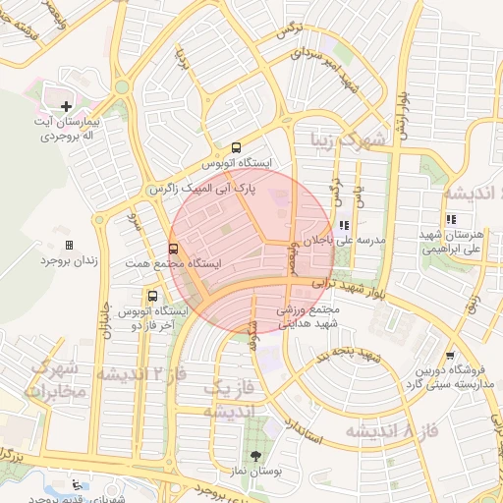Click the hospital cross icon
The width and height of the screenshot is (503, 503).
(66, 106)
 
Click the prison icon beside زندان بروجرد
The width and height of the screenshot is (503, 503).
(69, 245)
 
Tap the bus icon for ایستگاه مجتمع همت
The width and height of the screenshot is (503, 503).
(173, 250)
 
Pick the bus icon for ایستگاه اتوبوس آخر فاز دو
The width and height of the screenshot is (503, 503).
(151, 296)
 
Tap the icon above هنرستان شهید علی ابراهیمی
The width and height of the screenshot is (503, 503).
(451, 220)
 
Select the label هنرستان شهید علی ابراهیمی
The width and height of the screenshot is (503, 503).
(452, 243)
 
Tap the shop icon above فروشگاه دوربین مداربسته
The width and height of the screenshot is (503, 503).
(450, 356)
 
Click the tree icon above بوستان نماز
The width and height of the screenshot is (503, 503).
(257, 456)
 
